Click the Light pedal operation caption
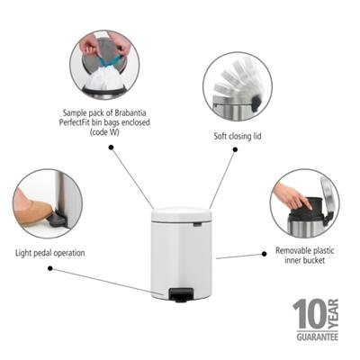pyautogui.click(x=50, y=253)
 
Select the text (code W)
pyautogui.click(x=104, y=132)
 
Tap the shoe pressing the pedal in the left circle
pyautogui.click(x=32, y=208)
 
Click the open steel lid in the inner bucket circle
pyautogui.click(x=328, y=200)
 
